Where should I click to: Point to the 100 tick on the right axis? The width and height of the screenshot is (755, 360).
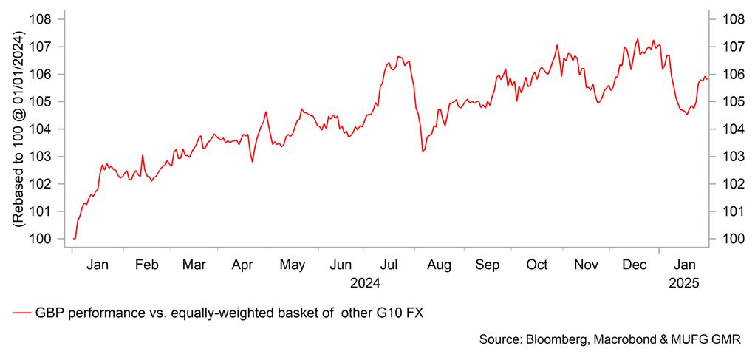pyautogui.click(x=727, y=239)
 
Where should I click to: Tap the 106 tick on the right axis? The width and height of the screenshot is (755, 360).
pyautogui.click(x=727, y=75)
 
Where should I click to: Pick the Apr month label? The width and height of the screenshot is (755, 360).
pyautogui.click(x=243, y=265)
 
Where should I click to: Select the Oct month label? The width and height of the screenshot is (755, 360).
pyautogui.click(x=537, y=265)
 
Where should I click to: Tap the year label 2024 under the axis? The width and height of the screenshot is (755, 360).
pyautogui.click(x=365, y=282)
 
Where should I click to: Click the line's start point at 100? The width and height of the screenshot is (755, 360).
pyautogui.click(x=75, y=239)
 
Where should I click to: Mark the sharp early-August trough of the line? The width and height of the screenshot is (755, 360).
pyautogui.click(x=423, y=151)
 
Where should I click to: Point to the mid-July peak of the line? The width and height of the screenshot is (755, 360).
pyautogui.click(x=398, y=56)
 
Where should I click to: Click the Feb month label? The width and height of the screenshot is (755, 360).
pyautogui.click(x=146, y=265)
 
